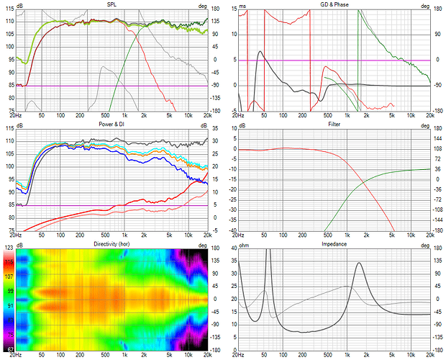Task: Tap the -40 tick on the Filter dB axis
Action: tap(231, 230)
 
